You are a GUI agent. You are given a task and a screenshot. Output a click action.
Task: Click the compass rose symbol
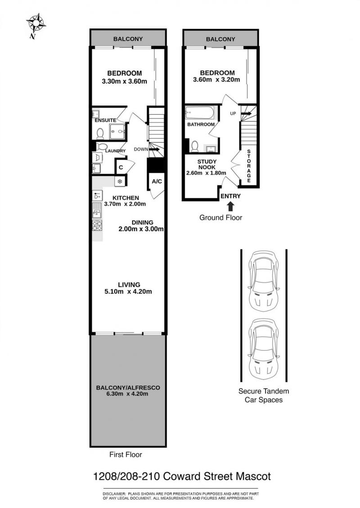tap(36, 24)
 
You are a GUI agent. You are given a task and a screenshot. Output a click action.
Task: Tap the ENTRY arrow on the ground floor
tap(230, 207)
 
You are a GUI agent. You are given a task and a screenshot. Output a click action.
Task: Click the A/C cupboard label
tap(157, 181)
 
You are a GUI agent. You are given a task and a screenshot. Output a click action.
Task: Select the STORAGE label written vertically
tap(249, 166)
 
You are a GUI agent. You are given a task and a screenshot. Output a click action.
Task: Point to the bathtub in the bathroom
tap(199, 113)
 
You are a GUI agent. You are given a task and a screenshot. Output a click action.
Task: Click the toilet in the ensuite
tap(100, 133)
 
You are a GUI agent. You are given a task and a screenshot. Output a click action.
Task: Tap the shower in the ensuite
tap(117, 131)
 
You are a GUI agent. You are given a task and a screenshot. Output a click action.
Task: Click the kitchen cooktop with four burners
tap(97, 225)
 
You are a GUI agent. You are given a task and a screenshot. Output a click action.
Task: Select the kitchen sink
tap(97, 210)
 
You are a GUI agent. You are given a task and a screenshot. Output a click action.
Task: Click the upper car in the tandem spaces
tap(263, 279)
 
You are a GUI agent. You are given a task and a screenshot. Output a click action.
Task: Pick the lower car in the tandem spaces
tap(263, 349)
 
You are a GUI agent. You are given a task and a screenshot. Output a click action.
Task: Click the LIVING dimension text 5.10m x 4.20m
tap(128, 292)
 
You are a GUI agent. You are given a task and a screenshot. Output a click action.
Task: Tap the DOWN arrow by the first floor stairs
tap(154, 149)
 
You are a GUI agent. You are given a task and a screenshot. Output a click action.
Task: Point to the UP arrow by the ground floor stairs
tap(246, 113)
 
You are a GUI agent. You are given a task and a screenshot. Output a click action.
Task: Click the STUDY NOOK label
tap(207, 164)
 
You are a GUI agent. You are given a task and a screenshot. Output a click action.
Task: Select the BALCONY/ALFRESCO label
tap(128, 387)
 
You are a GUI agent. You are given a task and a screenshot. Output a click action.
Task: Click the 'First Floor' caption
tap(126, 454)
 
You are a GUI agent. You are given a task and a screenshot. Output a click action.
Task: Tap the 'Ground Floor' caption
tap(220, 218)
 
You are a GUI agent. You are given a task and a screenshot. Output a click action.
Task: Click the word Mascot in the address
tap(253, 477)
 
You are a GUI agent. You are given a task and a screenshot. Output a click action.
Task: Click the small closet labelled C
tap(121, 167)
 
